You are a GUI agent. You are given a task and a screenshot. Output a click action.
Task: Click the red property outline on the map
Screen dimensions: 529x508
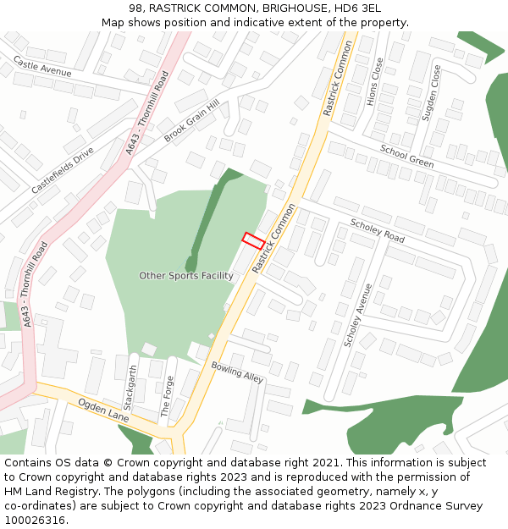[253, 240]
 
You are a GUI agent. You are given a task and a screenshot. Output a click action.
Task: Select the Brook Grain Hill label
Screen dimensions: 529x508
[191, 120]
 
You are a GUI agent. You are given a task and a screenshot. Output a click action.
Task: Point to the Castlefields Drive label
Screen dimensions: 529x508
[63, 171]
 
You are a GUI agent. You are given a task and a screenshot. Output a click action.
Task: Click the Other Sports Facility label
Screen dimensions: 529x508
[186, 276]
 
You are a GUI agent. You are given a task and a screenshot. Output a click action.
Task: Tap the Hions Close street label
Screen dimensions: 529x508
[376, 81]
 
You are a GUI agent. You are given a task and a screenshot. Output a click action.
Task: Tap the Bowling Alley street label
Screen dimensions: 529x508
[237, 372]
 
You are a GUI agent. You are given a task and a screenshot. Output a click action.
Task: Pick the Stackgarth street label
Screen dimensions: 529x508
[131, 387]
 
